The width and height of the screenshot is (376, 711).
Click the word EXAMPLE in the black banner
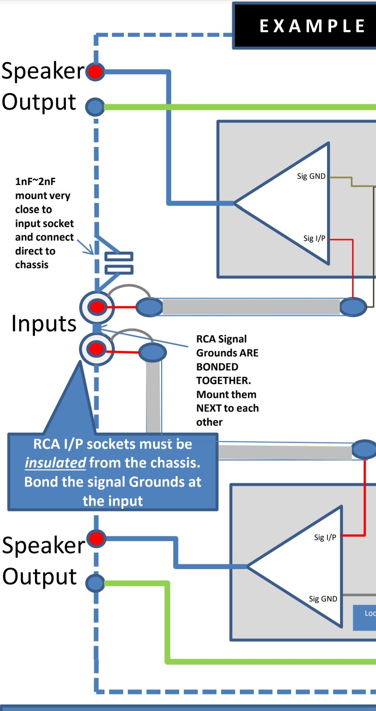312,26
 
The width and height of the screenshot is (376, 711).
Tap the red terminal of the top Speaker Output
96,71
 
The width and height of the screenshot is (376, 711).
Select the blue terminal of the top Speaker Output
95,107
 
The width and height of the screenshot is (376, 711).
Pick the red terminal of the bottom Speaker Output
96,538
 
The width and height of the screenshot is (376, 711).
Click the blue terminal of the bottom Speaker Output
96,583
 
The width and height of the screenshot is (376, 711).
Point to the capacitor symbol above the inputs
119,263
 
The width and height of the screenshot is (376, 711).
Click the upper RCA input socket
97,307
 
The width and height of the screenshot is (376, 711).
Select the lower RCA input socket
97,349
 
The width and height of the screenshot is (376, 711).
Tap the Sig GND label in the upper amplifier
311,176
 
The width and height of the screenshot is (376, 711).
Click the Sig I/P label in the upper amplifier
314,238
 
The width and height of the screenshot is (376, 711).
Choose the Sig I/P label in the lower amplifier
325,537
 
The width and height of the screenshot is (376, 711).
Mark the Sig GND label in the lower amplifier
323,599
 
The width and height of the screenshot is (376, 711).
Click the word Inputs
44,324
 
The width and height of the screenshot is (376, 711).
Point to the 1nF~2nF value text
35,181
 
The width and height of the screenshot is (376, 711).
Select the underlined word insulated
55,463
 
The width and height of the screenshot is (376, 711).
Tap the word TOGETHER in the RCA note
223,380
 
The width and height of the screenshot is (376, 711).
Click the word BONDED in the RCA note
217,367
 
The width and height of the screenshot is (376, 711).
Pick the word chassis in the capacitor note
32,265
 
